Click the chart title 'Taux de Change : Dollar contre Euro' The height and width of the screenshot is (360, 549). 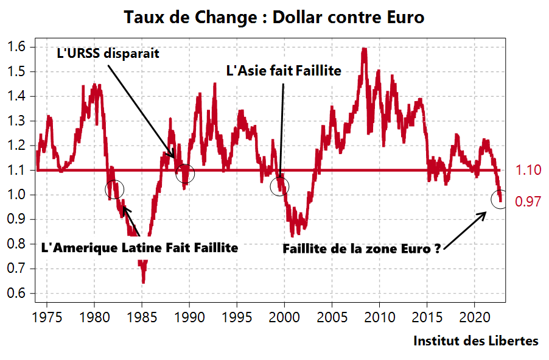(274, 17)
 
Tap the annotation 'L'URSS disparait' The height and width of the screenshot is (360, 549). (108, 54)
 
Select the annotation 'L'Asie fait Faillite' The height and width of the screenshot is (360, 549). (284, 71)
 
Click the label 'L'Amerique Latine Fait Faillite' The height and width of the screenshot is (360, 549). (139, 249)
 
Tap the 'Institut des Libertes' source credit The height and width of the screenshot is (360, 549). (476, 341)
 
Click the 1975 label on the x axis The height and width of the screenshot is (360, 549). (46, 317)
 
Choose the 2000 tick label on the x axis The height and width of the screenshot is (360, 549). (284, 317)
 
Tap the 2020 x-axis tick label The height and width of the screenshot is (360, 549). (475, 317)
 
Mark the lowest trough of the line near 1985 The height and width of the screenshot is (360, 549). (144, 282)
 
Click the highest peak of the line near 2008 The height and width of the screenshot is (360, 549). (364, 49)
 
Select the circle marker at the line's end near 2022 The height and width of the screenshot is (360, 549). (499, 199)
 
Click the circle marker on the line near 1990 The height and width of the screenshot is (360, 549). (186, 174)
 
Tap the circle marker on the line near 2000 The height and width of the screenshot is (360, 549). (280, 185)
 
